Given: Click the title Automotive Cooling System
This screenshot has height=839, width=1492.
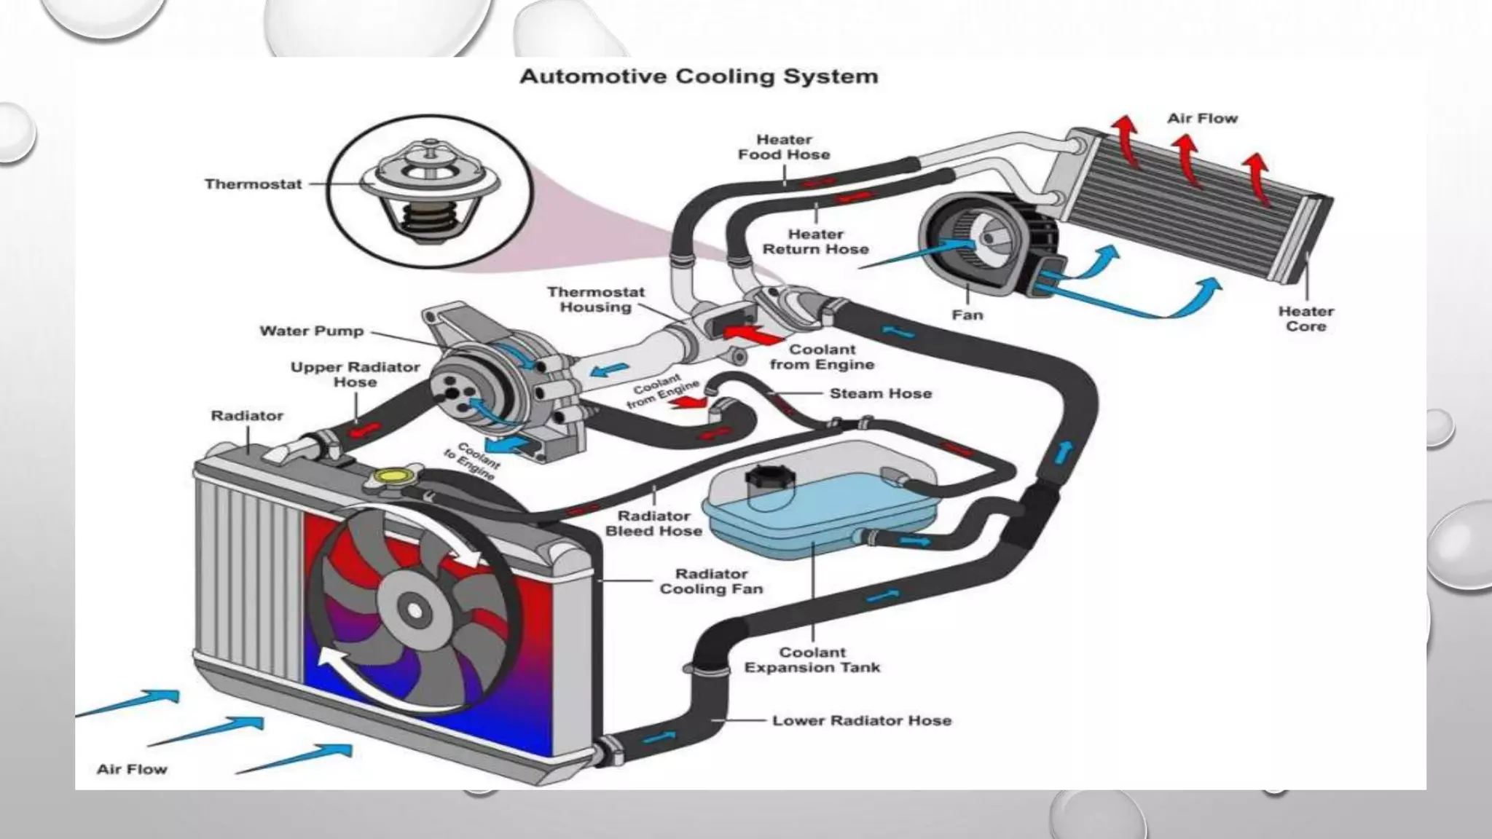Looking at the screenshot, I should point(698,76).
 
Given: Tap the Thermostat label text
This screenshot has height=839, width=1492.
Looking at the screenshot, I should point(253,184).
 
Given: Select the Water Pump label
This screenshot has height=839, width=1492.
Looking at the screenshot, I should point(311,331).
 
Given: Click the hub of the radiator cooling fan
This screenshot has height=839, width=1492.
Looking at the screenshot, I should point(413,610).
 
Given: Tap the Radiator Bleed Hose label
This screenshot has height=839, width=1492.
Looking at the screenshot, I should point(653,524).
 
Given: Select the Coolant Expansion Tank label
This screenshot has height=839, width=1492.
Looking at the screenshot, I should point(812,660).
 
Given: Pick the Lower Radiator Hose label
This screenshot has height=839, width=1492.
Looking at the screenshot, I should point(861,721).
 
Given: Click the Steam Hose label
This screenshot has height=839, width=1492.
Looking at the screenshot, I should point(880,394).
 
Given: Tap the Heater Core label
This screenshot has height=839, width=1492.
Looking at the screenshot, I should point(1305,319).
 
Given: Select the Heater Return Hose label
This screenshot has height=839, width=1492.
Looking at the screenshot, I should point(815,242).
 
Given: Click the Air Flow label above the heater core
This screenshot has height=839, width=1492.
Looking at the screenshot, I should point(1202,119).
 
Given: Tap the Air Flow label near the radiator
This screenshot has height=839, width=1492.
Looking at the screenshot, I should point(132,769).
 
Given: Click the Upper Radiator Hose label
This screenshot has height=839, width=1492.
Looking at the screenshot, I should point(355,374).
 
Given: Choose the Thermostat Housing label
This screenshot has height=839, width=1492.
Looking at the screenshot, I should point(595,299).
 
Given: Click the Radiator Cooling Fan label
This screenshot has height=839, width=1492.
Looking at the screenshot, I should point(711,581).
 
